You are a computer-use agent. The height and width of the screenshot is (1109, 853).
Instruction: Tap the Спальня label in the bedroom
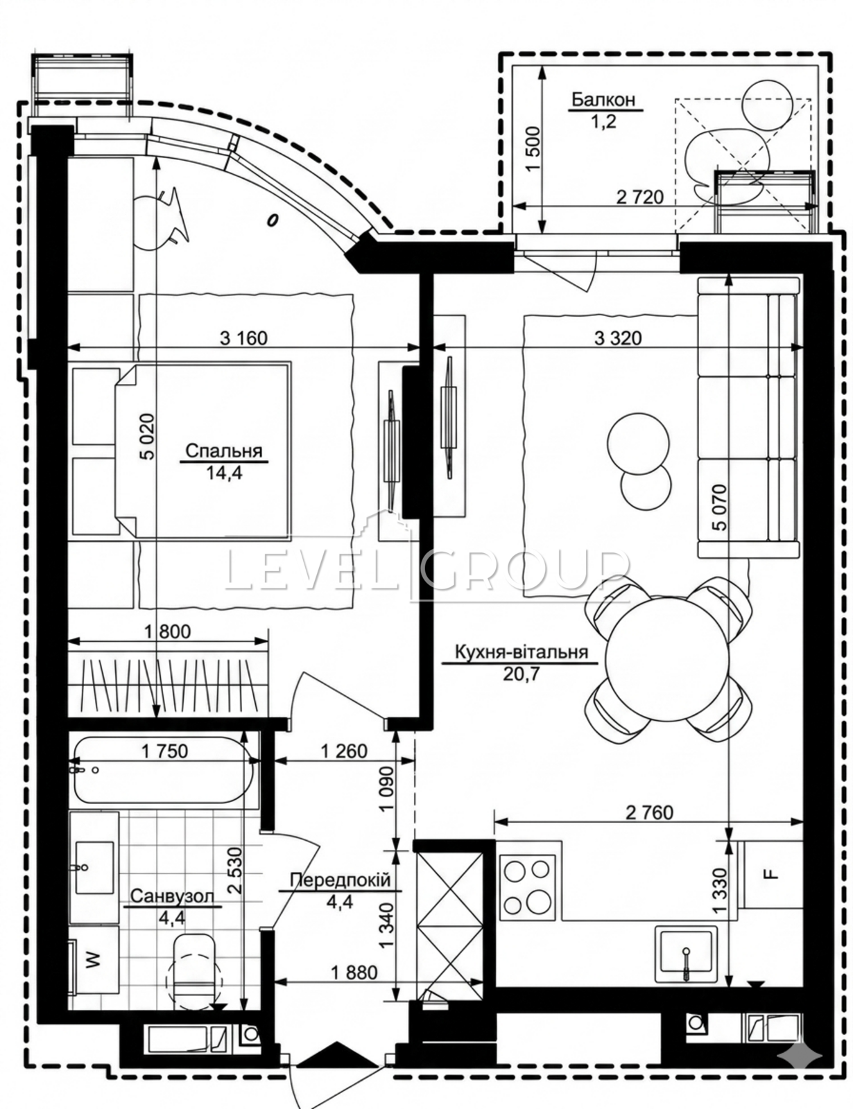(x=223, y=451)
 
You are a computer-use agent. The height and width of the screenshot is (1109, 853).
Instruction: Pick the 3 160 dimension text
(x=243, y=338)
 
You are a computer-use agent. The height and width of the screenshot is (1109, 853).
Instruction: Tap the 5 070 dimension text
(x=721, y=507)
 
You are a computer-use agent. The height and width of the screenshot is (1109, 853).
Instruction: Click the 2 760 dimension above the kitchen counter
(x=650, y=812)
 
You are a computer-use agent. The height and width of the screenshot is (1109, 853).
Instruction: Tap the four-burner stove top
(x=529, y=887)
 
